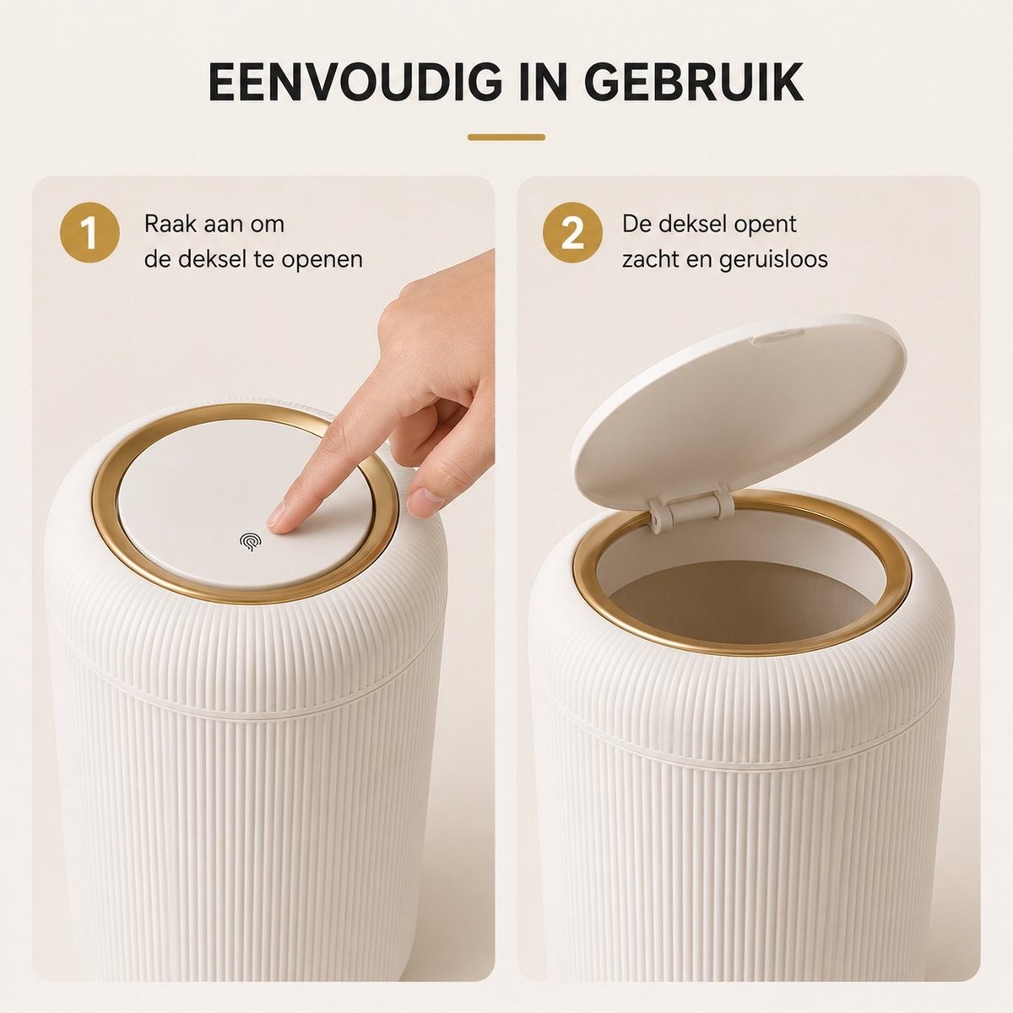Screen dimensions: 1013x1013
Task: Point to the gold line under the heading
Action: point(506,138)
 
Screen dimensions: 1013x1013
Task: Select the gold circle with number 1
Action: point(89,233)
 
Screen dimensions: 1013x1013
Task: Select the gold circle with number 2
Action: point(572,233)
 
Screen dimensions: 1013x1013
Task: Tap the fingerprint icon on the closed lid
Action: point(249,541)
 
